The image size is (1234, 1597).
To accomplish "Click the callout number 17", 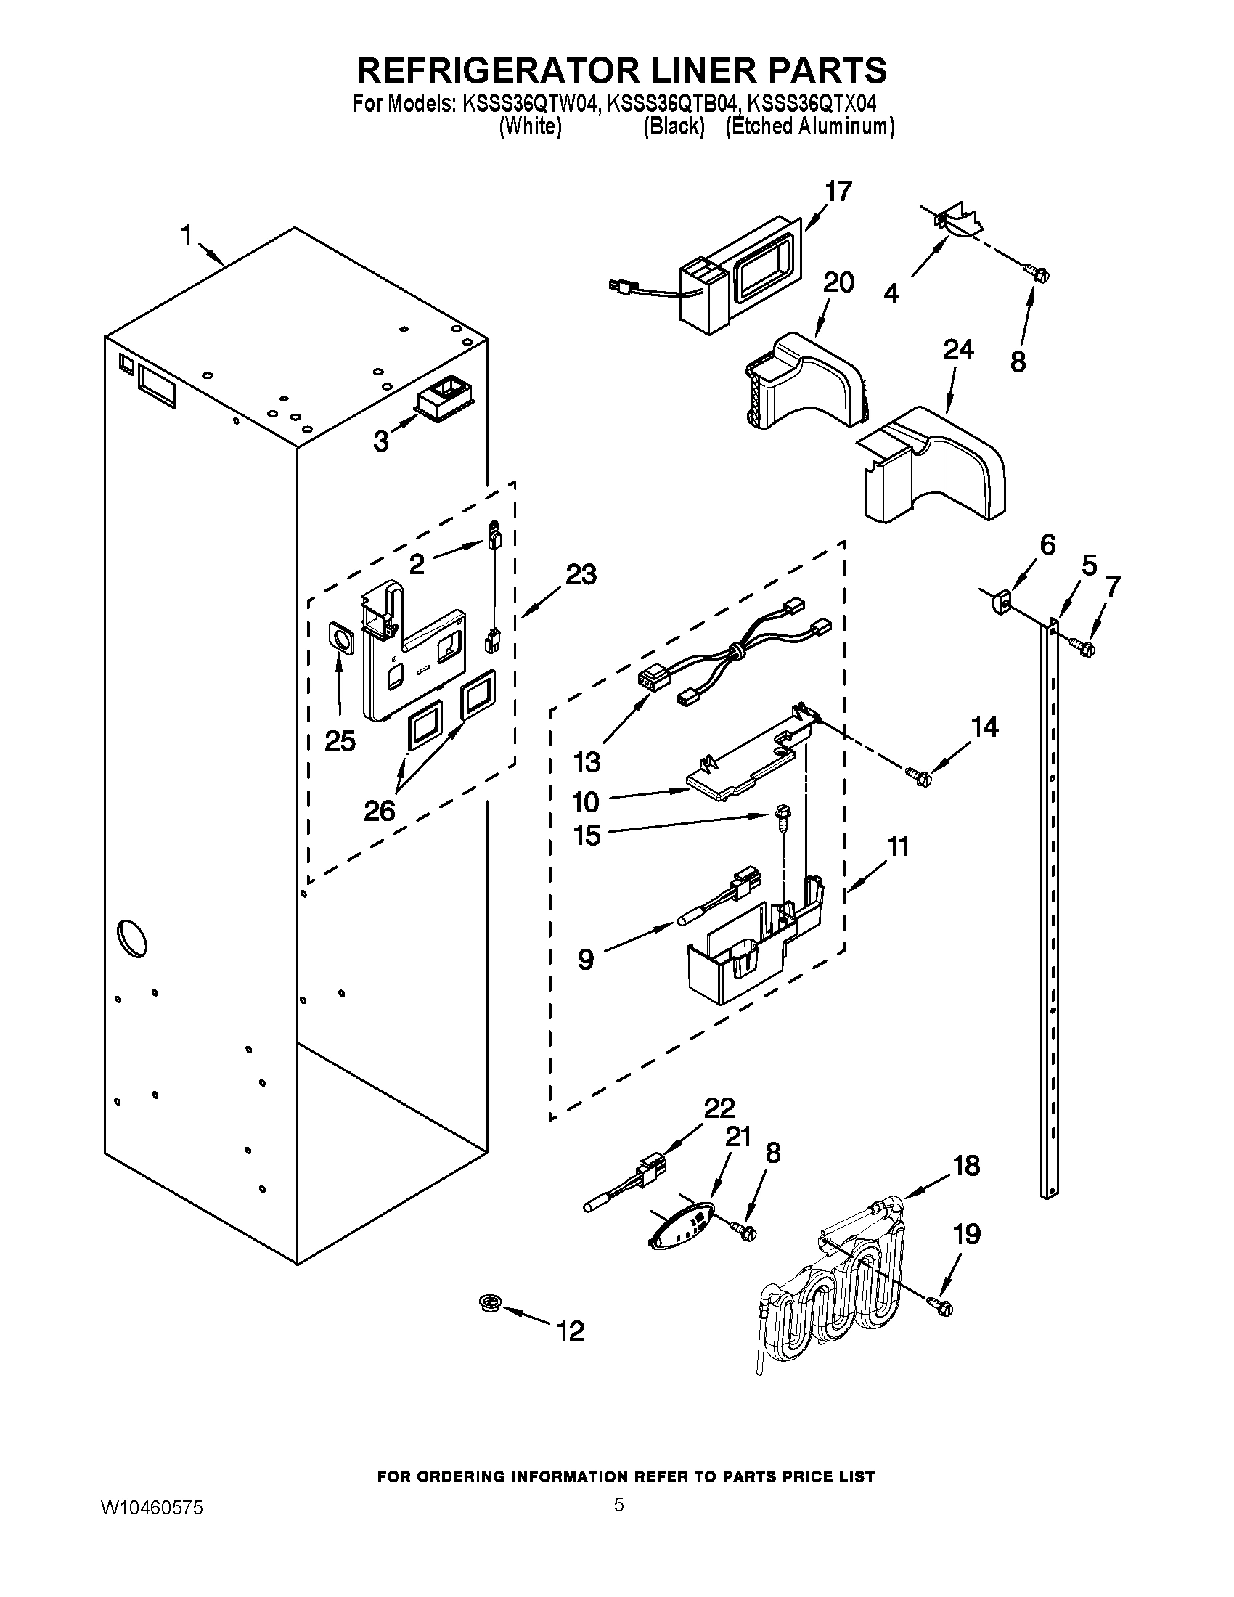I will (x=838, y=192).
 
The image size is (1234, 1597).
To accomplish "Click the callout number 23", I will (x=581, y=575).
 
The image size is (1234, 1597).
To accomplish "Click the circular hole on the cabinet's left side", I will (x=132, y=936).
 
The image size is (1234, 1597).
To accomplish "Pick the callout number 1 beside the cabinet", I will (x=187, y=235).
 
